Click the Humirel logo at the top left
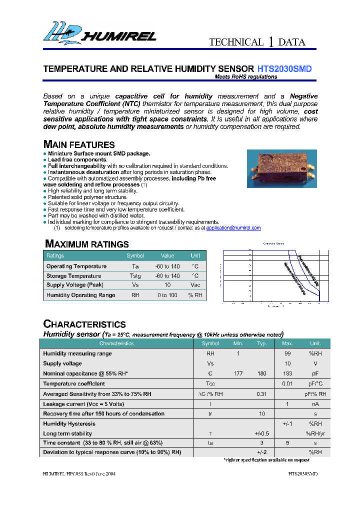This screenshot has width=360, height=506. coord(99,33)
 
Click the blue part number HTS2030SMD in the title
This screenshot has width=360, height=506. coord(284,69)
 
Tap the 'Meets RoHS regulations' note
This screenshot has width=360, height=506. coord(245,77)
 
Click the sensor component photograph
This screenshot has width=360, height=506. coord(281,169)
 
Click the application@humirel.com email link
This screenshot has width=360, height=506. coord(233,228)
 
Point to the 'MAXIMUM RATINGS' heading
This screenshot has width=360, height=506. coord(87,244)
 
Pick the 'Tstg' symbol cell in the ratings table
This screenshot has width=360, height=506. coord(135,276)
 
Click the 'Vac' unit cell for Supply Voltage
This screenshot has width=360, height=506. coord(195,285)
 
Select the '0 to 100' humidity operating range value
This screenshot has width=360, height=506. coord(167,295)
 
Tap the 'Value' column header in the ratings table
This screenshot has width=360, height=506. coord(167,255)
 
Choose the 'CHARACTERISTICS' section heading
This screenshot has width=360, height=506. coord(84,324)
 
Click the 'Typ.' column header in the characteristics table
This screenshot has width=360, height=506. coord(261,343)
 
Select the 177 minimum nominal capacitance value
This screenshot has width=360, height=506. coord(238,373)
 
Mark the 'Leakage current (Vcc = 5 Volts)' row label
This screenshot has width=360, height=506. coord(83,403)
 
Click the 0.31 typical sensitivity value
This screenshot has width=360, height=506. coord(261,394)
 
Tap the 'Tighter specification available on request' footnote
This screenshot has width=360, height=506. coord(266,459)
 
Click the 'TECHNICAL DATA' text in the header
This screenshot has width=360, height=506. coord(257,42)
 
